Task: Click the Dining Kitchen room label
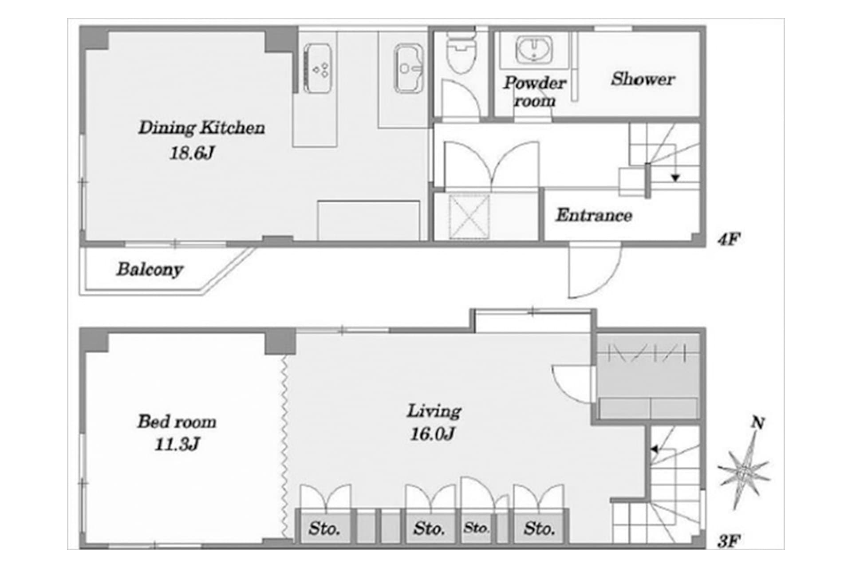201,128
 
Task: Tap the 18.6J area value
192,154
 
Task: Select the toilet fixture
461,53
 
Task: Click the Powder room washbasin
534,50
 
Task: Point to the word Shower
643,79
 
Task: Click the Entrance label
594,216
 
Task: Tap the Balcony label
150,269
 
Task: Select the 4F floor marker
729,240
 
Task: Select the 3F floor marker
729,541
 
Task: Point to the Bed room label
177,422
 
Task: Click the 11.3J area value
177,444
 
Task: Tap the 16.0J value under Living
432,434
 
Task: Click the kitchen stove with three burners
317,69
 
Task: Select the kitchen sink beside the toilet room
408,68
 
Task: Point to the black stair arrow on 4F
675,178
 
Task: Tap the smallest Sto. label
476,528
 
